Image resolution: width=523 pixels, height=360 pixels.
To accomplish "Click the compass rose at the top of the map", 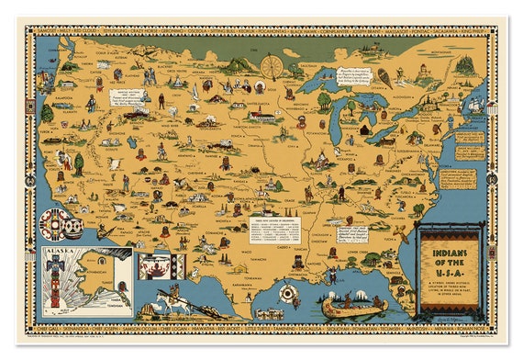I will click(271, 66).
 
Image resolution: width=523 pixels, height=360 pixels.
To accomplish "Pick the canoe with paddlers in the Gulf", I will click(351, 303).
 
